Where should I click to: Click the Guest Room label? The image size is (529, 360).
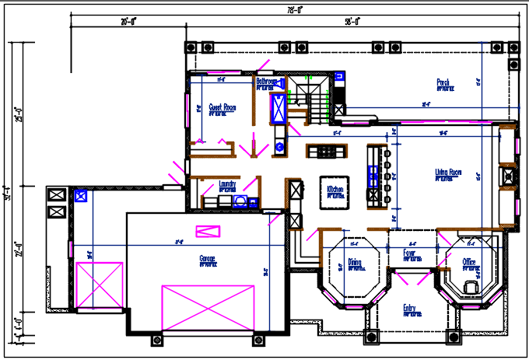tap(222, 107)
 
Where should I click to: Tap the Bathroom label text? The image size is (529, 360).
tap(268, 81)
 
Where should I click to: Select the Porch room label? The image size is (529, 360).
tap(443, 82)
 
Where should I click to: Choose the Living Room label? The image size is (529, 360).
tap(449, 173)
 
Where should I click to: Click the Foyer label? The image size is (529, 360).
tap(409, 253)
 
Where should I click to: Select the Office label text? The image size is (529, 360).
tap(469, 262)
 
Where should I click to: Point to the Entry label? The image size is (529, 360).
tap(409, 309)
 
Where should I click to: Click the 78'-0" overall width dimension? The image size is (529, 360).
tap(293, 10)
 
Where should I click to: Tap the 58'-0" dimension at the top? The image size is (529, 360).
tap(352, 22)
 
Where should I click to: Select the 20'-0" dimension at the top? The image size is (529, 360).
tap(128, 22)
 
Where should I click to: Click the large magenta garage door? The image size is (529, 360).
tap(208, 305)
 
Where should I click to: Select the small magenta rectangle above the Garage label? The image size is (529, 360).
tap(208, 231)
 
